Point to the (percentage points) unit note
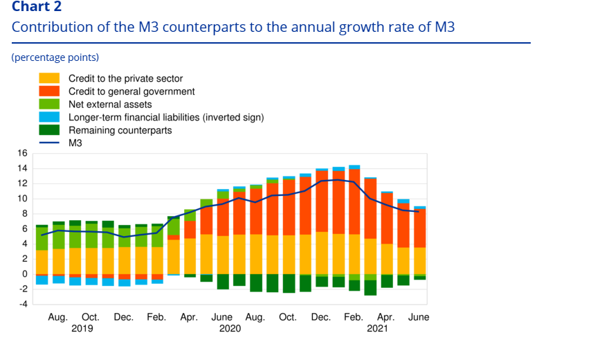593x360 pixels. coord(55,57)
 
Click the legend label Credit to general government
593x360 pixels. coord(131,91)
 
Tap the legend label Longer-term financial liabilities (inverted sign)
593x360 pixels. coord(166,117)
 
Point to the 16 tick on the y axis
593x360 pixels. coord(22,153)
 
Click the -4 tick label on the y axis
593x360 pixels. coord(22,304)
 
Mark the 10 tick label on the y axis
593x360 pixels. coord(22,199)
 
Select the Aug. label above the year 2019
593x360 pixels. coord(58,318)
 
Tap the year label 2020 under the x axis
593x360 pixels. coord(230,329)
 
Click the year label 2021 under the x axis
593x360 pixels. coord(377,329)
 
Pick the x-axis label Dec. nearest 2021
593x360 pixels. coord(321,318)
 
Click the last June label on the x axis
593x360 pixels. coord(419,318)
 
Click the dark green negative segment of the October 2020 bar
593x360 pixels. coord(289,283)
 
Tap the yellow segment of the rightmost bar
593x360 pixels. coord(420,260)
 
